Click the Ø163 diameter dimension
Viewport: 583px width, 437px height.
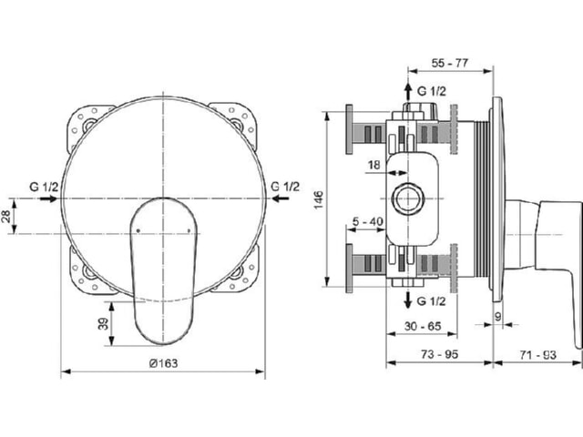[x=163, y=363]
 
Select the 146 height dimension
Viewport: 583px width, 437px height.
[x=319, y=199]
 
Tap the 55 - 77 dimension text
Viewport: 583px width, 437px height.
[x=450, y=63]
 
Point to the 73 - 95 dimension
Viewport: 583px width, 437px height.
[x=439, y=354]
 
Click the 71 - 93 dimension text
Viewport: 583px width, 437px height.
[x=537, y=355]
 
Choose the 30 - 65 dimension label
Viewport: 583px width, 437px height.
[x=423, y=326]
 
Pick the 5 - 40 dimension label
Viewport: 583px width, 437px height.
[x=368, y=221]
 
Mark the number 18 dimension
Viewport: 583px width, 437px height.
[x=373, y=164]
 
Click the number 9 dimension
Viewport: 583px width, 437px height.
[x=498, y=316]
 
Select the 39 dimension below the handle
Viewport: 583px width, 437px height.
[x=103, y=324]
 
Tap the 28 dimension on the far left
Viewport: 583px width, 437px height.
[x=6, y=217]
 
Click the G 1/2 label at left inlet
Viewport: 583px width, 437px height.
[x=44, y=187]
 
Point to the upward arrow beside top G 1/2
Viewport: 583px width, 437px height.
[x=408, y=91]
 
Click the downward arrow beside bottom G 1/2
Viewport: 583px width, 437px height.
[x=408, y=300]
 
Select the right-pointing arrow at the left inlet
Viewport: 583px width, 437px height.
[x=48, y=198]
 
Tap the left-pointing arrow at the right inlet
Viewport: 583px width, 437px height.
[x=281, y=198]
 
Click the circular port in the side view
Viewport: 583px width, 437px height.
[x=408, y=198]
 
